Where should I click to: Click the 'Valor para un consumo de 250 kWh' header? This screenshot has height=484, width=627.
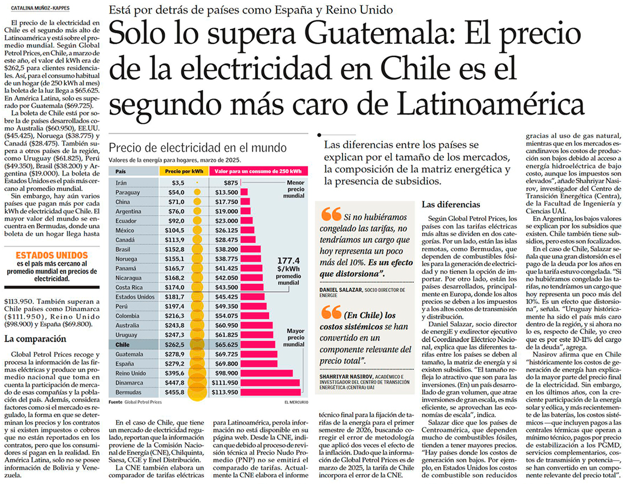pyautogui.click(x=259, y=171)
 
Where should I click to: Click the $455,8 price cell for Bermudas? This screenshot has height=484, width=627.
pyautogui.click(x=176, y=392)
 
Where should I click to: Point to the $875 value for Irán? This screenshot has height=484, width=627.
pyautogui.click(x=223, y=182)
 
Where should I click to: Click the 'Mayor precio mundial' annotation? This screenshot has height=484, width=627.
pyautogui.click(x=295, y=337)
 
